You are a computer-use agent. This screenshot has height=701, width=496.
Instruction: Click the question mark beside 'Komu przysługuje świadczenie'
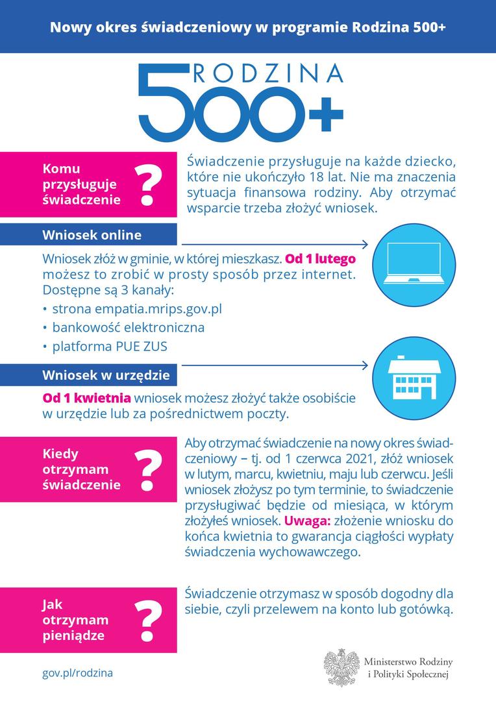point(147,185)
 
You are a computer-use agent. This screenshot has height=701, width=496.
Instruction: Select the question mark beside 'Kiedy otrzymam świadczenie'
point(147,470)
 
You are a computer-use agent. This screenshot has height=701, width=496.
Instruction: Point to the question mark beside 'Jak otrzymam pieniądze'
point(147,621)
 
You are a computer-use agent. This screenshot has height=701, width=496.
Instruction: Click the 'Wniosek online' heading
point(92,234)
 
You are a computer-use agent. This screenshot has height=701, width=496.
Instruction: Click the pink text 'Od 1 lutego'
point(320,258)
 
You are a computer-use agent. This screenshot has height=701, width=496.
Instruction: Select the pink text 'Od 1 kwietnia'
point(87,397)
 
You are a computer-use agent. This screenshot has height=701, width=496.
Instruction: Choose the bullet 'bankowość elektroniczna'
point(128,328)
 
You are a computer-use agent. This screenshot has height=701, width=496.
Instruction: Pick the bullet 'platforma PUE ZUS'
point(110,347)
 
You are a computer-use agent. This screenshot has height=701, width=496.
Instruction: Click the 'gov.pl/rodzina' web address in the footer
point(77,673)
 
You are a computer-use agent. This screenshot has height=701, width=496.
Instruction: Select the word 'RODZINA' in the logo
point(267,74)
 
